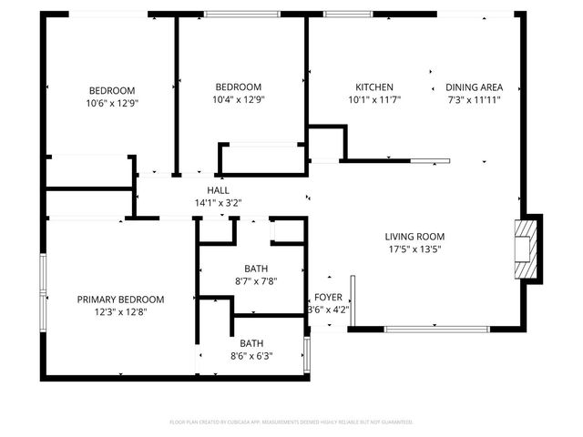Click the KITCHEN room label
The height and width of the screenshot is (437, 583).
[373, 87]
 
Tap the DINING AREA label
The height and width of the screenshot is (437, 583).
[473, 87]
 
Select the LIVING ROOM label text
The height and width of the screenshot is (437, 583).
[414, 237]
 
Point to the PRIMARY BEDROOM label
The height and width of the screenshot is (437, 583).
[120, 300]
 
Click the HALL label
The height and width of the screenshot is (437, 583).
[218, 189]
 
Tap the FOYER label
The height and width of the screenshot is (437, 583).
[328, 298]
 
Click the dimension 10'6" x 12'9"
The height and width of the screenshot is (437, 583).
[111, 103]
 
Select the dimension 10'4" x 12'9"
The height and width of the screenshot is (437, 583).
[239, 99]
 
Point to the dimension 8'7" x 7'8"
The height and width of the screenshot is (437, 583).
[255, 281]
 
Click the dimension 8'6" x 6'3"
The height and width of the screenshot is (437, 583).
[251, 356]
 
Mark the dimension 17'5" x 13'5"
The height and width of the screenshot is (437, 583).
[414, 249]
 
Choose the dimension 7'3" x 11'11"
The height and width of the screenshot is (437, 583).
[473, 99]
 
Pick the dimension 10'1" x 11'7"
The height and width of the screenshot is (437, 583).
[373, 99]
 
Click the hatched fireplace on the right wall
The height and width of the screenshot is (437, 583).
[523, 249]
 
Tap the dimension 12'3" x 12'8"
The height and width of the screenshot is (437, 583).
[120, 312]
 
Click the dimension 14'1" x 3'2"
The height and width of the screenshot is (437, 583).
[218, 202]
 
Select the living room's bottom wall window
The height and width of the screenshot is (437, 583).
[424, 329]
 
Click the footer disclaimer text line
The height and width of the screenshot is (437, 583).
[291, 422]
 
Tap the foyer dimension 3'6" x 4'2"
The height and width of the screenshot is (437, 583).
[328, 310]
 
